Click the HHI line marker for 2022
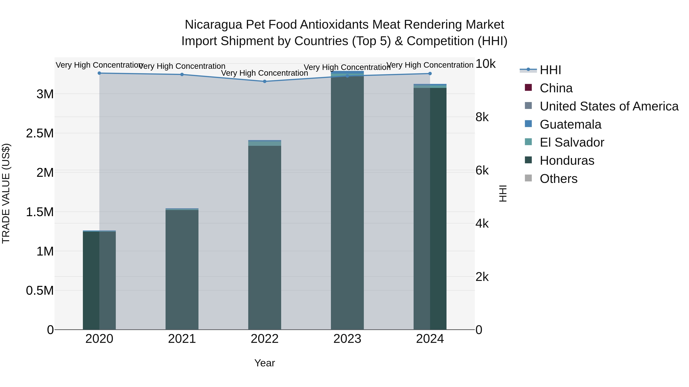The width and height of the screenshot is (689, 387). (264, 81)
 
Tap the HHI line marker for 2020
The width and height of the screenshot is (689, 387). (99, 73)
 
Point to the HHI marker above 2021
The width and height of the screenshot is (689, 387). (182, 75)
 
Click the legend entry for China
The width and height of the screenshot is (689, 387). (556, 88)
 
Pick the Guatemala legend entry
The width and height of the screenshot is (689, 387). (570, 124)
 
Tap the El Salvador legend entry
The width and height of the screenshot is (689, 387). (571, 142)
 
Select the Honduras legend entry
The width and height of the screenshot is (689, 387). (567, 161)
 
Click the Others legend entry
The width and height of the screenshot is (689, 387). (558, 179)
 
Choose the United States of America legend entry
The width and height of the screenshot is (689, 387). (609, 106)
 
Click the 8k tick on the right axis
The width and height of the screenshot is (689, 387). (482, 117)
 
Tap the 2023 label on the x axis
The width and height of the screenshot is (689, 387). (347, 339)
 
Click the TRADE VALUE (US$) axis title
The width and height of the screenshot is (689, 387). (6, 193)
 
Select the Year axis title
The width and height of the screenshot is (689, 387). (264, 363)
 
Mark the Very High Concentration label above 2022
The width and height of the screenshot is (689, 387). (264, 73)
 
